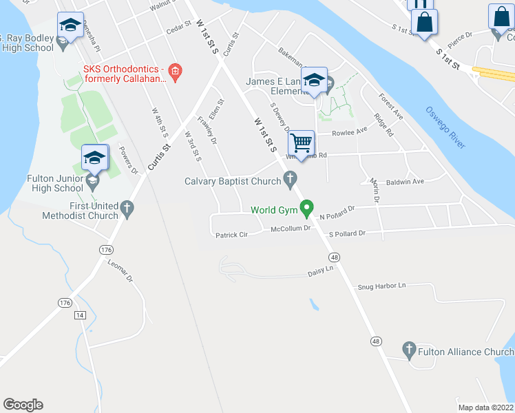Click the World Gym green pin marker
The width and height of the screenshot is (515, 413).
[308, 207]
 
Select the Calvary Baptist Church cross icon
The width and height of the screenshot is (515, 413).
[291, 181]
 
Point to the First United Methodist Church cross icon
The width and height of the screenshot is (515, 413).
[126, 207]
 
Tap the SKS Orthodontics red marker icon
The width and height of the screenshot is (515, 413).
[175, 71]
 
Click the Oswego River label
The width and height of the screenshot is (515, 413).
[446, 127]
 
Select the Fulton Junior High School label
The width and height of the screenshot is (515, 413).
[55, 183]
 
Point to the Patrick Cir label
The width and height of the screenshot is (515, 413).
[231, 235]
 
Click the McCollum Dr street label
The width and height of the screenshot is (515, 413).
[291, 229]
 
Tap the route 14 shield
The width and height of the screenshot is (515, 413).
[81, 315]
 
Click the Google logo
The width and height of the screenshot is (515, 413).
[23, 405]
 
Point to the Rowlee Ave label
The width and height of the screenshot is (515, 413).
[350, 133]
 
